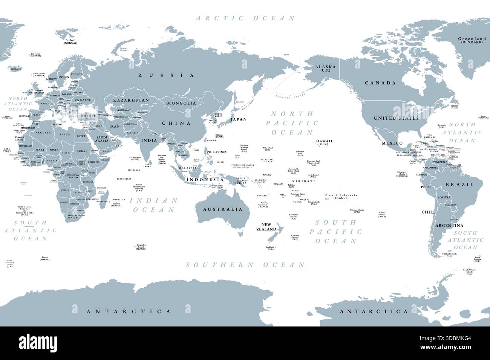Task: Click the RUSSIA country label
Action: click(166, 75)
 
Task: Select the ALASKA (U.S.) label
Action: click(325, 68)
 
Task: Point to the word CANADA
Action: click(380, 83)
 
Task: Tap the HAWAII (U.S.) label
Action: click(324, 142)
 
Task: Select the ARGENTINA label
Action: click(449, 226)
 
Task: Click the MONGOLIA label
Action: click(182, 103)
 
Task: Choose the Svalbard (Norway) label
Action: click(70, 41)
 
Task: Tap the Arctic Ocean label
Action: click(245, 18)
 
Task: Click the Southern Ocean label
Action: click(245, 265)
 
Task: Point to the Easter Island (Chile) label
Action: click(382, 215)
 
